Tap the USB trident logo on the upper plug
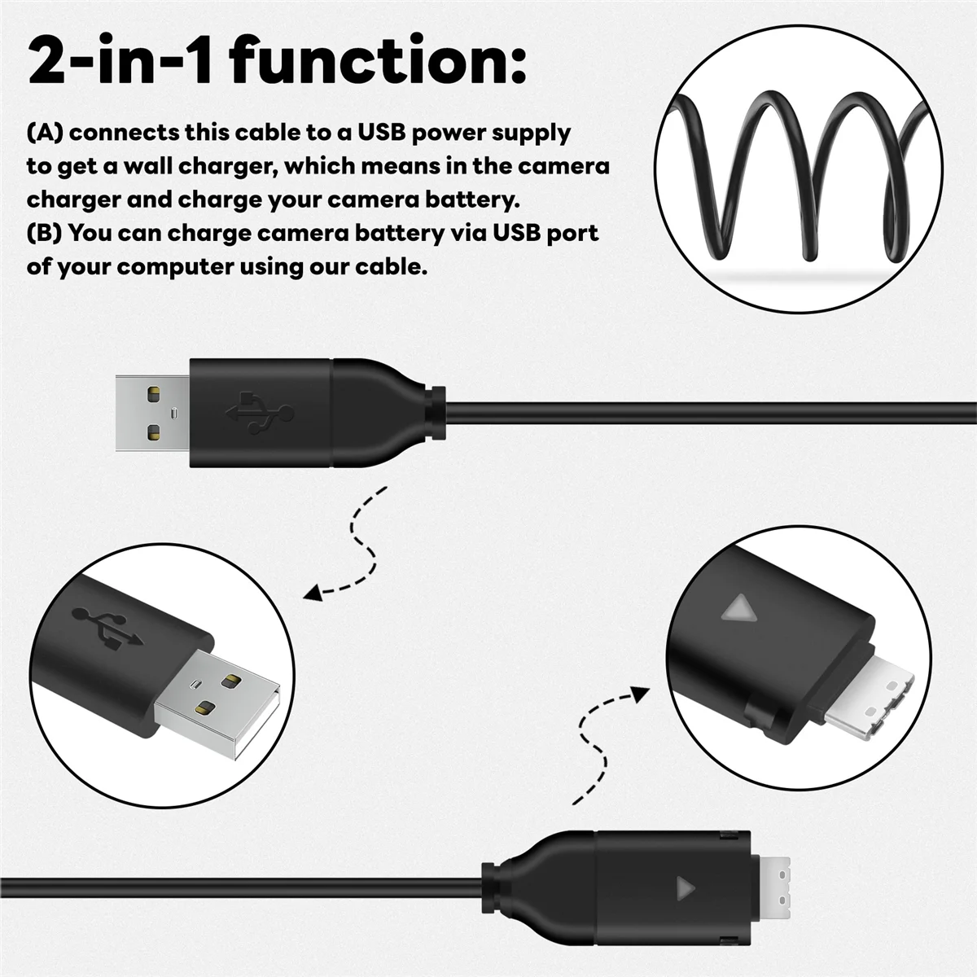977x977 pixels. (x=260, y=412)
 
